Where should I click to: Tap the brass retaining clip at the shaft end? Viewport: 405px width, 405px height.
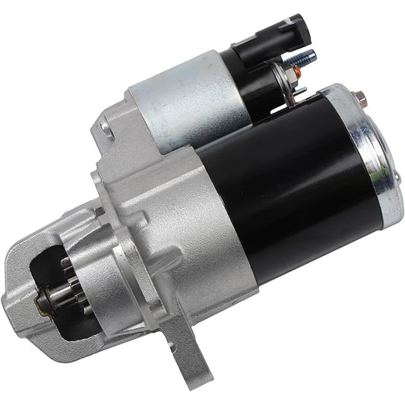[40, 304]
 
